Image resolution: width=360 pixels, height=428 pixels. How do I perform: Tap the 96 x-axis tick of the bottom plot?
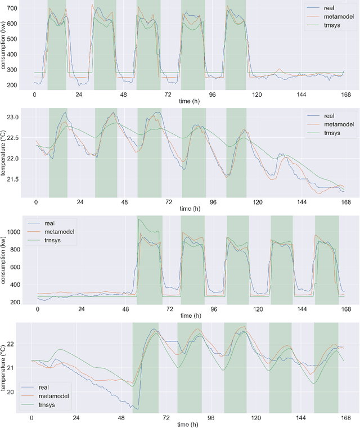point(210,418)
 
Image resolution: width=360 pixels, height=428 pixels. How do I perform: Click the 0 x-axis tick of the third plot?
point(38,309)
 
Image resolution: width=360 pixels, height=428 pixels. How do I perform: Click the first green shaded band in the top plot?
point(57,45)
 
